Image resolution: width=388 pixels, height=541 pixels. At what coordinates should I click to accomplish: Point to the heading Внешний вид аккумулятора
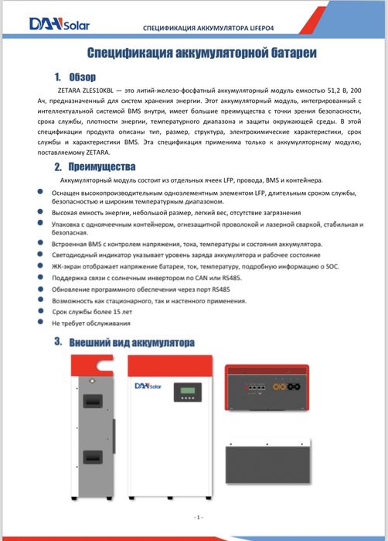[x=131, y=341]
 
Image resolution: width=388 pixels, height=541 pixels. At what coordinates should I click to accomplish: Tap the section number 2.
[x=58, y=166]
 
